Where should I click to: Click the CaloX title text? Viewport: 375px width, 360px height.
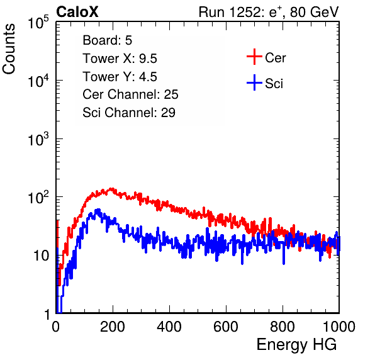pos(77,12)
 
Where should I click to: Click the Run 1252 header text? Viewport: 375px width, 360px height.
pos(269,12)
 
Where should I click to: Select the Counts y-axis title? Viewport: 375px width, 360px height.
pos(9,49)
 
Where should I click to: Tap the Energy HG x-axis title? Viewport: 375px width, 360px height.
pos(296,345)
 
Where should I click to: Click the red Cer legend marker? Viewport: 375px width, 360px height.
pos(254,57)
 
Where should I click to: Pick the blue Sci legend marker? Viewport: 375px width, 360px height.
pos(254,83)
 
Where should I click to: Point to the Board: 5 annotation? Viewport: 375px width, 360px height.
pos(108,40)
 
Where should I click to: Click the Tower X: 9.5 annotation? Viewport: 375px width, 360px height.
pos(120,59)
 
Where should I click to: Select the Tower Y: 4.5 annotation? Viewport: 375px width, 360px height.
pos(120,77)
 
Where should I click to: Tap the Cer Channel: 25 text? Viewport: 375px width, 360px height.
pos(130,94)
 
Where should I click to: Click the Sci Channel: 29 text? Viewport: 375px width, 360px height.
pos(129,113)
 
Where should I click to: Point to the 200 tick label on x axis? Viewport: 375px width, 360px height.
pos(113,327)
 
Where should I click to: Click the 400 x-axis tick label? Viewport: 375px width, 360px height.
pos(169,327)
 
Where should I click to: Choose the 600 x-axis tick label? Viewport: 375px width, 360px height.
pos(226,327)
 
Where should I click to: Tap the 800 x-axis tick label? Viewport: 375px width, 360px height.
pos(283,327)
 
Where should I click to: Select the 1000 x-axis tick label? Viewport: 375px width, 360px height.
pos(339,327)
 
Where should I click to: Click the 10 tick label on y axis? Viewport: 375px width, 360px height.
pos(41,256)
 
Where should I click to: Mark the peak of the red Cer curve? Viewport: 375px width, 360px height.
pos(111,189)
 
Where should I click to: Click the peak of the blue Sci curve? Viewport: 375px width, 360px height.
pos(98,210)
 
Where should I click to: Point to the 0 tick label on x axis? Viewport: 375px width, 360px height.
pos(55,327)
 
